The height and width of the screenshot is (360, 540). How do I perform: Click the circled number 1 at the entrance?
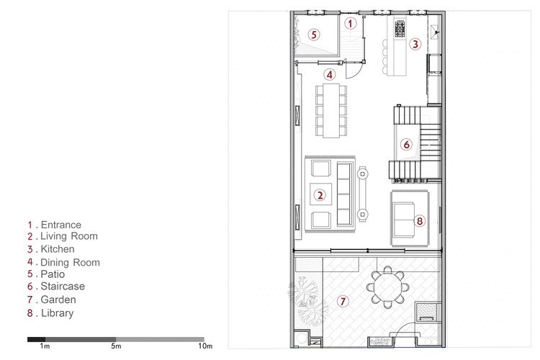(350, 24)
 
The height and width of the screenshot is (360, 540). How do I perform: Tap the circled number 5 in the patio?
(313, 34)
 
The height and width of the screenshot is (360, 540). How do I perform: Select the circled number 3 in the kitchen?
(415, 44)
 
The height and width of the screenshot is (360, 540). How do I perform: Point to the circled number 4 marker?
(329, 74)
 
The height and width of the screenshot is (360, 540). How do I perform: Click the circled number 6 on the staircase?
(406, 145)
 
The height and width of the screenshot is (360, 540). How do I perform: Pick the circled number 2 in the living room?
(320, 194)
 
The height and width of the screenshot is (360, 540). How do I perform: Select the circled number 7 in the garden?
(343, 302)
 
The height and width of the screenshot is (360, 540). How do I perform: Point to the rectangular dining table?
(331, 109)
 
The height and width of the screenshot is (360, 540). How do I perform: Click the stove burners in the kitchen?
(400, 28)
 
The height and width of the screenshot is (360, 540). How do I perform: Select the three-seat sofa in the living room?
(343, 194)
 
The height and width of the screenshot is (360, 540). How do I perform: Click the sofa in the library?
(402, 216)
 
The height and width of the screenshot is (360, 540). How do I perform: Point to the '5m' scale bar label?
(117, 347)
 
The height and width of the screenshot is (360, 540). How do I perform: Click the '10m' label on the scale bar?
(204, 347)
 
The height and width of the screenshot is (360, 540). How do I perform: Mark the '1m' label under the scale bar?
(45, 347)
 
